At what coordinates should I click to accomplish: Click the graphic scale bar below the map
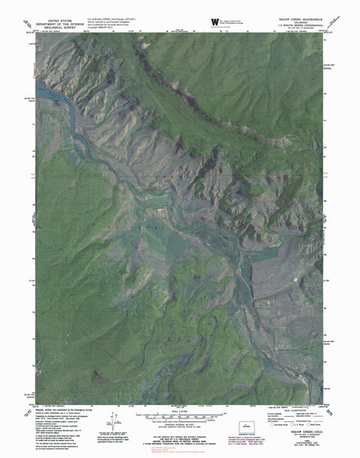pos(179,415)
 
